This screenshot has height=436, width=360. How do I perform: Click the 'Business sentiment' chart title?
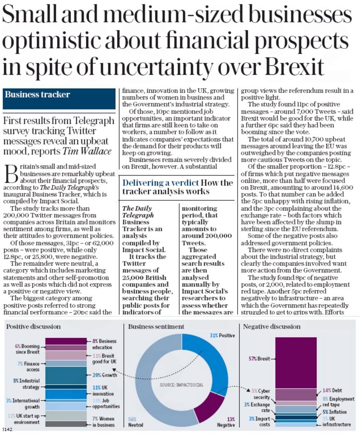pyautogui.click(x=156, y=326)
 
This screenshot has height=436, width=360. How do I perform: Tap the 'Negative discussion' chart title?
pyautogui.click(x=272, y=326)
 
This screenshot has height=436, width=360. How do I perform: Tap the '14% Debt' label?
pyautogui.click(x=333, y=390)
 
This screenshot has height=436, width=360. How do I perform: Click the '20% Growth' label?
pyautogui.click(x=104, y=375)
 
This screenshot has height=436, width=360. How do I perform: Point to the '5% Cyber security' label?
pyautogui.click(x=261, y=394)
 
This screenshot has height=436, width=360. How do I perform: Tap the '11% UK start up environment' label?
pyautogui.click(x=23, y=419)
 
